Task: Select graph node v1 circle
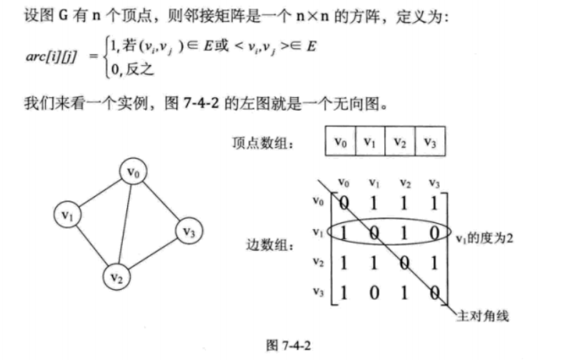point(70,214)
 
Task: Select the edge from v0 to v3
point(161,202)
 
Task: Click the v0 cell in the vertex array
point(340,141)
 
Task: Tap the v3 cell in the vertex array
point(431,141)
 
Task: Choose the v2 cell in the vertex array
point(400,141)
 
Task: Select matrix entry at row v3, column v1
point(374,294)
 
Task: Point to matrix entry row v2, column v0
point(344,264)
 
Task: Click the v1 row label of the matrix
point(318,232)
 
